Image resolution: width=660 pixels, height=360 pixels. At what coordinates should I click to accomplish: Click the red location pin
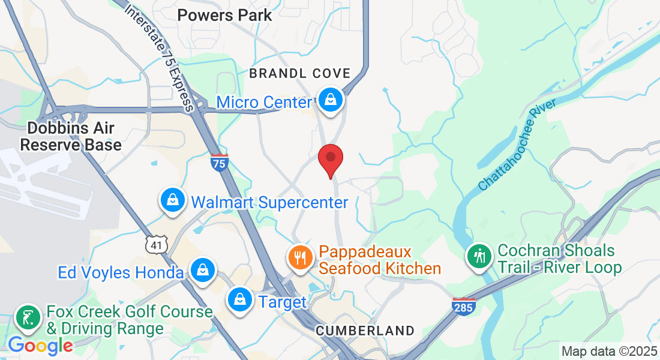(x=330, y=158)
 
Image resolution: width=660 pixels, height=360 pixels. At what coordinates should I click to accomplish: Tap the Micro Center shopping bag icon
(x=330, y=100)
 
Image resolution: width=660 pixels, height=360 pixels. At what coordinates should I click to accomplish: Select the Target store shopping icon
(x=240, y=298)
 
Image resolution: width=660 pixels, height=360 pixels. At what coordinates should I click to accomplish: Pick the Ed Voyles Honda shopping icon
(x=203, y=270)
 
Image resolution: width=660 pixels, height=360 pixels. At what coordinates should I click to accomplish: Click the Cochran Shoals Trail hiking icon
(x=479, y=256)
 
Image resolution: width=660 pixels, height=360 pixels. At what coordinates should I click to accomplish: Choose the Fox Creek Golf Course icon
(x=28, y=317)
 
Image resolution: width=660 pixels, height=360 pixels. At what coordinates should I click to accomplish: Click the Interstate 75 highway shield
(x=220, y=162)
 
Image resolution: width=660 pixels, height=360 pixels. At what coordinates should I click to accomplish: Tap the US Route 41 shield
(x=155, y=244)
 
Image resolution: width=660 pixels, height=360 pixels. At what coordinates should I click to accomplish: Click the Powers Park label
(x=225, y=15)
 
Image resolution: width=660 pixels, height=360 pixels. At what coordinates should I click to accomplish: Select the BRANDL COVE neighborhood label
(x=299, y=73)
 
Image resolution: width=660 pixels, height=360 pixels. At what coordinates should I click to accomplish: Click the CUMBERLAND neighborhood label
(x=365, y=331)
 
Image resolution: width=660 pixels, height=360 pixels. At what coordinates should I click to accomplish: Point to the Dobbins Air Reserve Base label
(x=71, y=137)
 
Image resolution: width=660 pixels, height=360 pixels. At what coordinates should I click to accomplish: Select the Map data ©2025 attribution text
(x=608, y=351)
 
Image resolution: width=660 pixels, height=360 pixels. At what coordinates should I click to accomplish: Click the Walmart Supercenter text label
(x=269, y=202)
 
